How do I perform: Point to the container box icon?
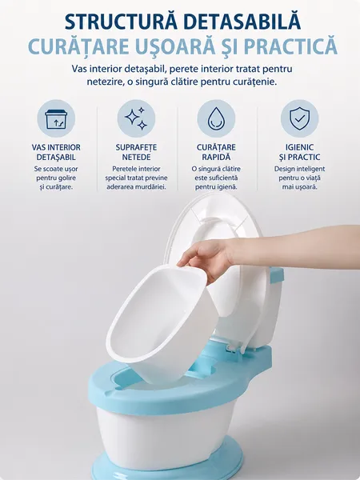tap(56, 119)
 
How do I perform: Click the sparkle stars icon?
tap(136, 118)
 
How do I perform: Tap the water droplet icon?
tap(216, 118)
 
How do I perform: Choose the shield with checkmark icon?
tap(300, 118)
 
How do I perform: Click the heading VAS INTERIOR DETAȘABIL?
tap(56, 152)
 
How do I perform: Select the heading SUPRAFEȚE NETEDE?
tap(136, 152)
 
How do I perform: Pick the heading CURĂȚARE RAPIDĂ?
tap(216, 152)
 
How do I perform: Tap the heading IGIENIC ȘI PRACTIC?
tap(300, 152)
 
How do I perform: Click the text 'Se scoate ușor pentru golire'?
tap(56, 174)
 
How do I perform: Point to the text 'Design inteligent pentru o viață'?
tap(300, 174)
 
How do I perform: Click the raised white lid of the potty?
tap(226, 270)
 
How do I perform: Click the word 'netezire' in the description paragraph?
tap(103, 82)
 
